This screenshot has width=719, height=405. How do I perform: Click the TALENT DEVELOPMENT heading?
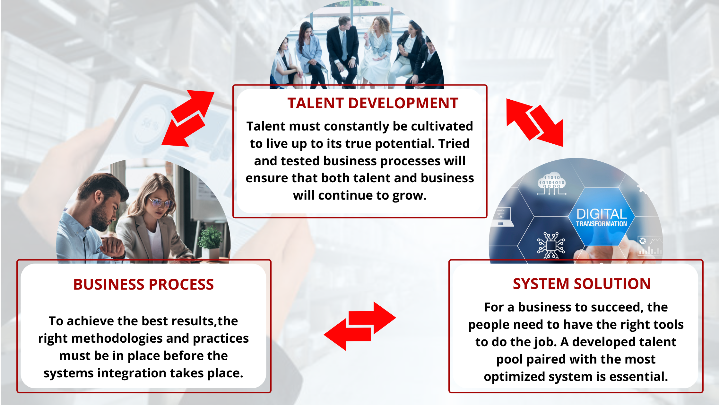pyautogui.click(x=373, y=103)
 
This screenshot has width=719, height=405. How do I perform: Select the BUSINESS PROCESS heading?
pyautogui.click(x=143, y=284)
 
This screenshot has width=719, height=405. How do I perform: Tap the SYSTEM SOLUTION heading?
pyautogui.click(x=582, y=284)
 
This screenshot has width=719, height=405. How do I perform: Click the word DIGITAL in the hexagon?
pyautogui.click(x=602, y=214)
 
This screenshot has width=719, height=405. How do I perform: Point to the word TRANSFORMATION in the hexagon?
pyautogui.click(x=602, y=224)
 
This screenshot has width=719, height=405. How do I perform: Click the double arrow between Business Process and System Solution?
pyautogui.click(x=360, y=326)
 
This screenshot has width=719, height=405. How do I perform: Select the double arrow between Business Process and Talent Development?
pyautogui.click(x=188, y=118)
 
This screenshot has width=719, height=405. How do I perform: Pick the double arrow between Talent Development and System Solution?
pyautogui.click(x=535, y=122)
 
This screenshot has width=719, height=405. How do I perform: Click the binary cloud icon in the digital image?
pyautogui.click(x=551, y=184)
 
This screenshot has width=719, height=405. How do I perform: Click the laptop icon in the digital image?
pyautogui.click(x=502, y=217)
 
